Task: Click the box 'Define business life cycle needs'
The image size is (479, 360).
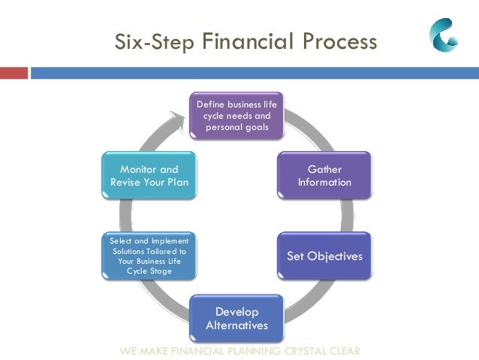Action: pyautogui.click(x=236, y=116)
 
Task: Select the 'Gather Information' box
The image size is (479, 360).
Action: pyautogui.click(x=324, y=176)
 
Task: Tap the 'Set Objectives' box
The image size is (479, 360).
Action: pyautogui.click(x=324, y=256)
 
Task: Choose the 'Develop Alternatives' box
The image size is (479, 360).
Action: pyautogui.click(x=236, y=318)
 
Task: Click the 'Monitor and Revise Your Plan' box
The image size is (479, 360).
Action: pyautogui.click(x=149, y=176)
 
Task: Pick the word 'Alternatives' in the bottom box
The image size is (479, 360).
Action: pyautogui.click(x=236, y=325)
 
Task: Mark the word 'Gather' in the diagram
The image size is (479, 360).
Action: pyautogui.click(x=324, y=170)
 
